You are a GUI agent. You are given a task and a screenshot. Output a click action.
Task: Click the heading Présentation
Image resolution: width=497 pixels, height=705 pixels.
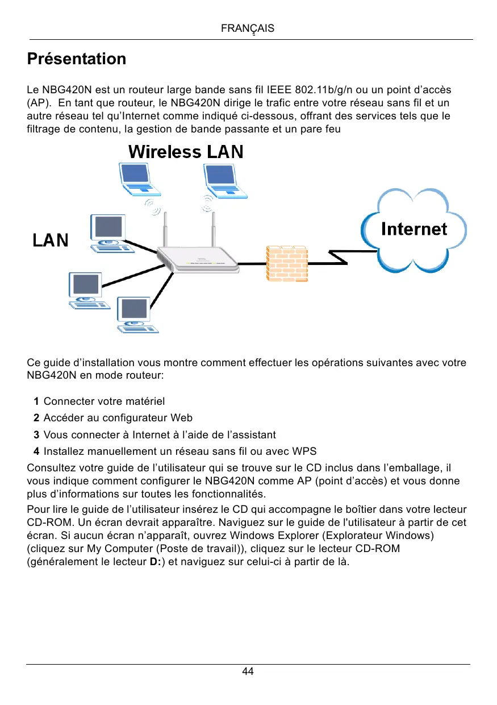[x=77, y=59]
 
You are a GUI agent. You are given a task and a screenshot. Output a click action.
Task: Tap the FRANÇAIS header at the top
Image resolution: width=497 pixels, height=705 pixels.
[x=248, y=28]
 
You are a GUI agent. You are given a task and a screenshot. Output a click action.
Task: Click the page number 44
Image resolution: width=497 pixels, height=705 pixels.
[x=248, y=671]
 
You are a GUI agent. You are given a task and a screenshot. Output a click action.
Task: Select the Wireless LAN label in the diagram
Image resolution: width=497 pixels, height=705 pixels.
[x=186, y=152]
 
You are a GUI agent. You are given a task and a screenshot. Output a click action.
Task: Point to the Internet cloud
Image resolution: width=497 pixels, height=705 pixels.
[x=414, y=229]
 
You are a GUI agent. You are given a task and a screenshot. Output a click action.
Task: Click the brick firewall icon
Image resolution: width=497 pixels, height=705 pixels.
[x=287, y=263]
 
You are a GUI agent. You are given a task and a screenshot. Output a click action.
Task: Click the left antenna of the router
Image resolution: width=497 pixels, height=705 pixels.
[x=166, y=230]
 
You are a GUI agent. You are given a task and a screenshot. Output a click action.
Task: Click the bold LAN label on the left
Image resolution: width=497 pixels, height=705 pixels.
[x=50, y=240]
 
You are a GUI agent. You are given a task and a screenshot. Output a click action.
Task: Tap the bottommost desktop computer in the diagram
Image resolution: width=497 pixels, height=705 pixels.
[x=135, y=314]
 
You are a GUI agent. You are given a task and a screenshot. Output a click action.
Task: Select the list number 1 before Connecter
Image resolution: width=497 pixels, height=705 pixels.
[x=36, y=402]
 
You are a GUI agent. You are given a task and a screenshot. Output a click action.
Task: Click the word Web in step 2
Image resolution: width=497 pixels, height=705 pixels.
[x=181, y=418]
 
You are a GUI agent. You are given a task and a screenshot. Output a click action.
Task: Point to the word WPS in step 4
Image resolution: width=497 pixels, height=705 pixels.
[x=304, y=451]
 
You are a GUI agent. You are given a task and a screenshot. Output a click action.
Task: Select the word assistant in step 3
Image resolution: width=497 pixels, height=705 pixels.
[x=254, y=435]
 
